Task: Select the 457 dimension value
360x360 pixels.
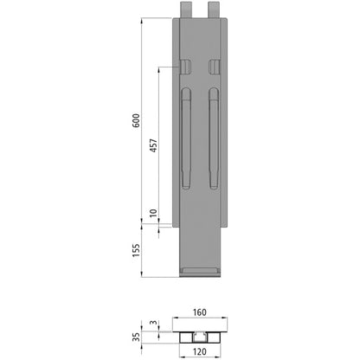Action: coord(153,145)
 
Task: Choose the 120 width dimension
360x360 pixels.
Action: coord(200,352)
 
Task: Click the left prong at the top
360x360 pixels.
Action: coord(186,9)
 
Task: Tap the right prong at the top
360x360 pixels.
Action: coord(215,9)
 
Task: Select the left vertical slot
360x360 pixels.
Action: coord(186,138)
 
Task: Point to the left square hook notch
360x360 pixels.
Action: coord(186,67)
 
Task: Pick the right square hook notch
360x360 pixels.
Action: coord(215,67)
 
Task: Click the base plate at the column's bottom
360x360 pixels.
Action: coord(200,273)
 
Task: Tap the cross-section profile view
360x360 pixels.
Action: coord(200,334)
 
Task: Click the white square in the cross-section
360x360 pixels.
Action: coord(200,335)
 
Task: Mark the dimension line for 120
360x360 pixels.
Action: coord(200,344)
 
